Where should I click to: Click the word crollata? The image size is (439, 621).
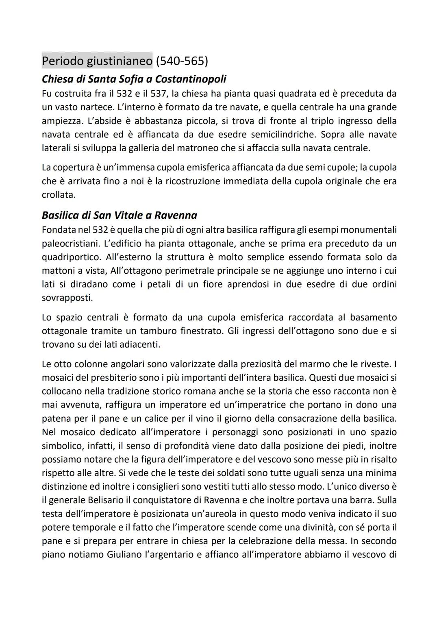tap(59, 194)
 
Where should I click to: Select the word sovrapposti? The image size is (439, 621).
tap(67, 298)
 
